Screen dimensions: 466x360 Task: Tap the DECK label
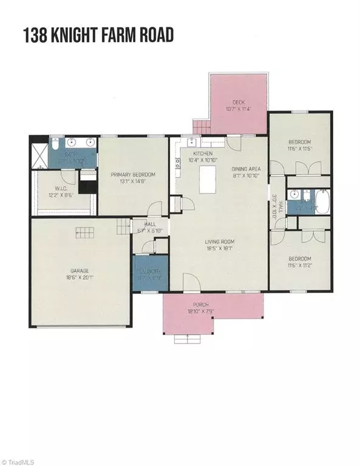pos(239,102)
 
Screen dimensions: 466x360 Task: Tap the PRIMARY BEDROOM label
pos(132,175)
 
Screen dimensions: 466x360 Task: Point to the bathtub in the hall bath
pos(319,203)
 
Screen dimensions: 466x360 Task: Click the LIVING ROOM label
pos(219,241)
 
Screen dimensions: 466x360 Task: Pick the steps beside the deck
pos(200,127)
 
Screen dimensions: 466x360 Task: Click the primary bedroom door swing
pos(155,208)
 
